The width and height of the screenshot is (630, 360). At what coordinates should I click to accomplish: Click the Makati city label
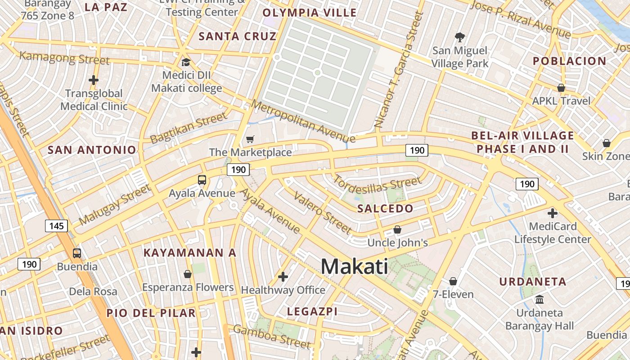[x=355, y=266]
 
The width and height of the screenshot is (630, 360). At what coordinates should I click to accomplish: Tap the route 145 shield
[x=56, y=225]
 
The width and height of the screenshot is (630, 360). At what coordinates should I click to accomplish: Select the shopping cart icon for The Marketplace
[x=250, y=139]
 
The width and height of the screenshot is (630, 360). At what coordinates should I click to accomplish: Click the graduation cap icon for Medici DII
[x=186, y=62]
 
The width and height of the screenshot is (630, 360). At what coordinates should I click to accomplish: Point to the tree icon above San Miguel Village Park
[x=460, y=37]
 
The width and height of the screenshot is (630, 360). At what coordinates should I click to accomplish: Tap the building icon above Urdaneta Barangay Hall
[x=539, y=299]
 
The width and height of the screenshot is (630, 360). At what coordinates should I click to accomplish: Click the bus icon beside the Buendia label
[x=77, y=253]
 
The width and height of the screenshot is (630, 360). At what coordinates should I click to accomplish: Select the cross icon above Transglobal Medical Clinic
[x=94, y=81]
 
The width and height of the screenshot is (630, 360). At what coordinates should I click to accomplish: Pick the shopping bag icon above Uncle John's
[x=397, y=229]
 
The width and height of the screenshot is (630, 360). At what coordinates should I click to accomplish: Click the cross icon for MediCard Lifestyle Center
[x=553, y=213]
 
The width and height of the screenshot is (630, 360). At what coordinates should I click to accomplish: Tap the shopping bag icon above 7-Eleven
[x=453, y=281]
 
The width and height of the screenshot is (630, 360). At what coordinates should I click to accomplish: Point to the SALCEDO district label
[x=385, y=208]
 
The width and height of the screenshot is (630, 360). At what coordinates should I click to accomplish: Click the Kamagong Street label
[x=65, y=58]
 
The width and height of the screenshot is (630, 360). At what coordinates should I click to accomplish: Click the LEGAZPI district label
[x=312, y=311]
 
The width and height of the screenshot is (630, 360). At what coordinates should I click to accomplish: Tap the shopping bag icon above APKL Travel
[x=561, y=87]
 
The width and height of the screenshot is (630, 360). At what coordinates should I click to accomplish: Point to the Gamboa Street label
[x=272, y=337]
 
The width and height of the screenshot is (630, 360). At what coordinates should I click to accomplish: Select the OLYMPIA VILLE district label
[x=310, y=13]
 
